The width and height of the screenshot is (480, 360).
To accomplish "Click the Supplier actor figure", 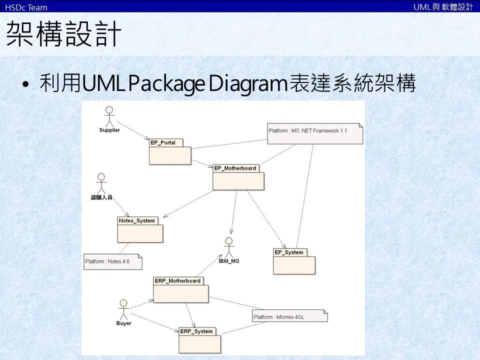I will [109, 116].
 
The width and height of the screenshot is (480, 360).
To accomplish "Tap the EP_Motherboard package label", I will [235, 168].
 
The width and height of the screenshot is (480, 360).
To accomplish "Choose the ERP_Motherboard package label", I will [177, 281].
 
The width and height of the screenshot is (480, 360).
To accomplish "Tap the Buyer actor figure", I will [123, 309].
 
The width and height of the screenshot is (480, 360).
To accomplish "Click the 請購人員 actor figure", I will [101, 183].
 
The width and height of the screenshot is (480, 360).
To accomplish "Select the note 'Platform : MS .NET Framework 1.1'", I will [314, 133].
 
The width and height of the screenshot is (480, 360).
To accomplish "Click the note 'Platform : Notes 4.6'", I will [112, 261].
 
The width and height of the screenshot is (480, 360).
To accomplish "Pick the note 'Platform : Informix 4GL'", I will [289, 316].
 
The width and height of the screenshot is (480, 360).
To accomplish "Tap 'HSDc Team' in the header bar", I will [26, 7].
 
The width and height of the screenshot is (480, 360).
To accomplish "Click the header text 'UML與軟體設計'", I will [443, 7].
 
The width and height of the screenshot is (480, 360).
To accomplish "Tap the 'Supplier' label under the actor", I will [109, 130].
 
